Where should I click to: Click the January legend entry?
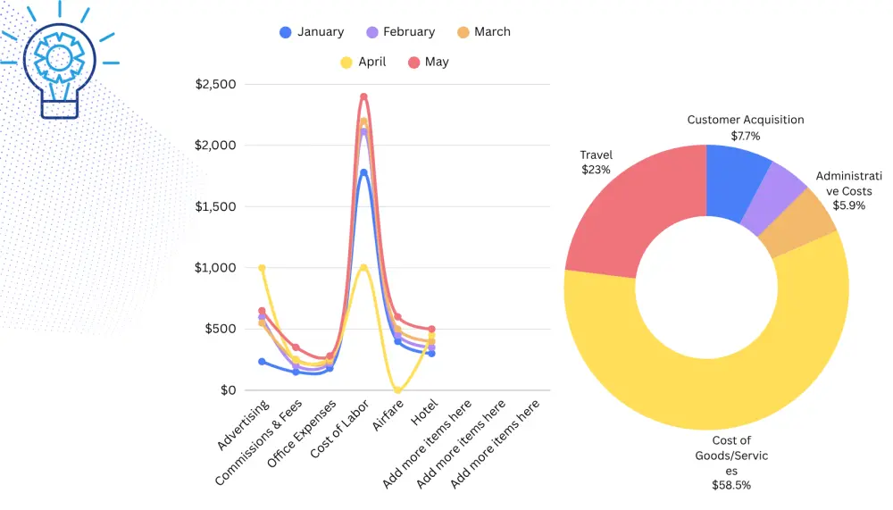(x=312, y=32)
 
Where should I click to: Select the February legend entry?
(x=400, y=32)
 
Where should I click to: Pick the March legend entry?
(x=483, y=32)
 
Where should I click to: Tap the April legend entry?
(x=363, y=63)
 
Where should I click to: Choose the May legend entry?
(x=429, y=63)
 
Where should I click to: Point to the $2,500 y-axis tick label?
(x=215, y=84)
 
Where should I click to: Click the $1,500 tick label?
(x=215, y=207)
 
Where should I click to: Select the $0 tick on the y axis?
(x=228, y=390)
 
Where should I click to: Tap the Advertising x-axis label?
(x=243, y=424)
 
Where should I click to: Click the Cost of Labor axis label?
(x=339, y=429)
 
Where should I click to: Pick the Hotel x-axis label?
(x=424, y=412)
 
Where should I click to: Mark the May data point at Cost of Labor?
(x=364, y=96)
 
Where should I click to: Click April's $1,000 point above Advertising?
(x=262, y=268)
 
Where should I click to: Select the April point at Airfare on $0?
(x=397, y=390)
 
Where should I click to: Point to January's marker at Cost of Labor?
(x=364, y=172)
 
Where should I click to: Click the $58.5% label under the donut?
(x=731, y=486)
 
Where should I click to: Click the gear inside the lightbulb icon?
(x=59, y=57)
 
